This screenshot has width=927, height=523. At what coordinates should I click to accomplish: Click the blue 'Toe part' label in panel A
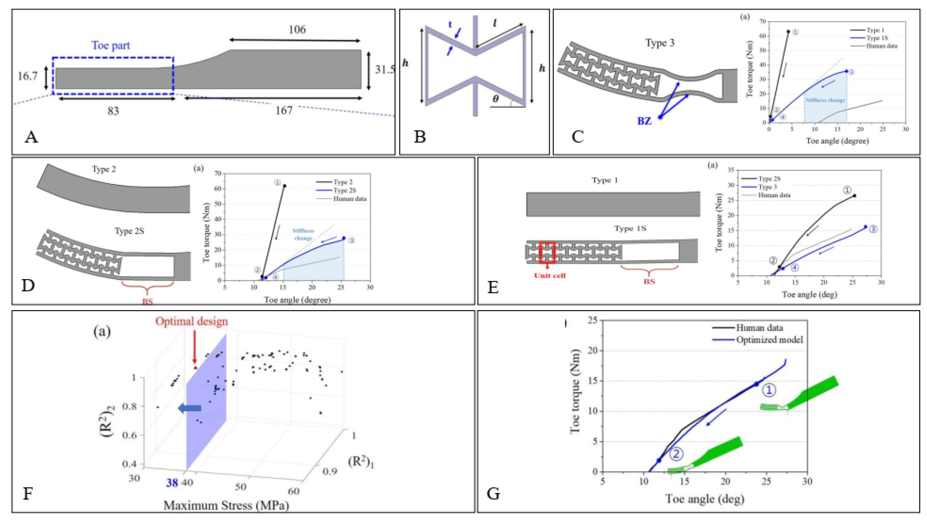pos(111,46)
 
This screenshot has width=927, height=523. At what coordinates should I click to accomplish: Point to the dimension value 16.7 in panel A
pos(27,76)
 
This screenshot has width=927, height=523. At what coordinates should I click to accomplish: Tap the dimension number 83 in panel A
pos(113,111)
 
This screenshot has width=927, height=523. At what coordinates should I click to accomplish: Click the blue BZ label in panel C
pos(645,121)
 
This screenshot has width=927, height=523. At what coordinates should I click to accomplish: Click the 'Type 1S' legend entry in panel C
pos(877,38)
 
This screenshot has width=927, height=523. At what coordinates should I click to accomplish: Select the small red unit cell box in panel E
pos(547,253)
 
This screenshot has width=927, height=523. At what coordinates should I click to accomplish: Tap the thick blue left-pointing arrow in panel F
pos(190,408)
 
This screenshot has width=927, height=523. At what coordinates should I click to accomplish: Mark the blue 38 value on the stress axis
pos(172,483)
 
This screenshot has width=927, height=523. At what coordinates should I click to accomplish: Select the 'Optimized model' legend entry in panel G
pos(769,340)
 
